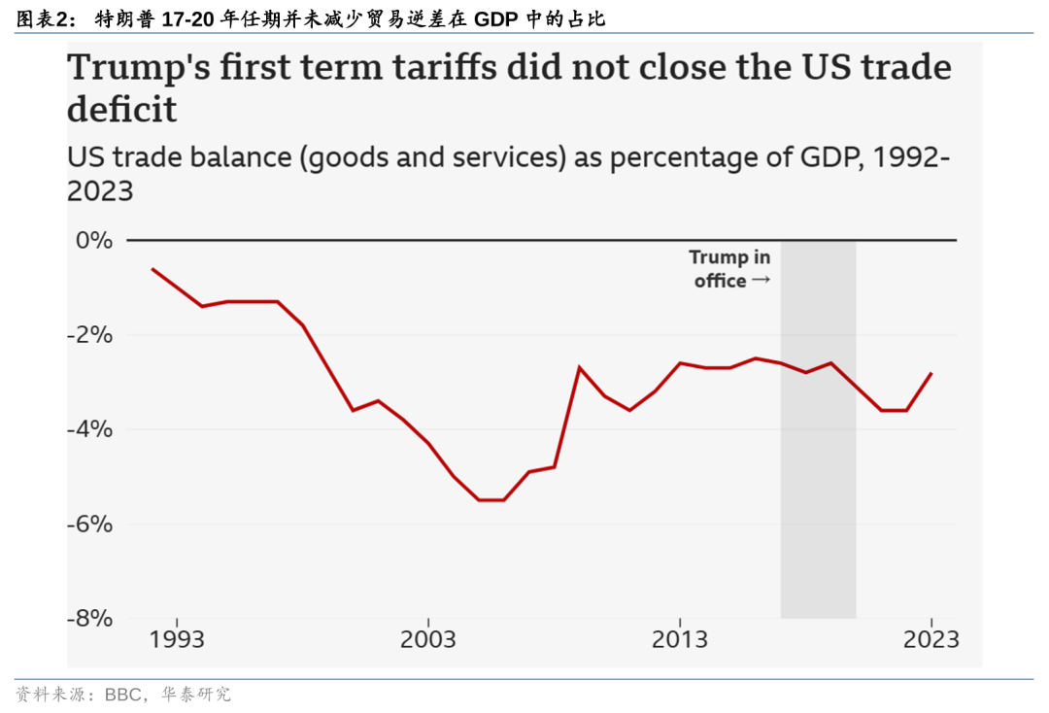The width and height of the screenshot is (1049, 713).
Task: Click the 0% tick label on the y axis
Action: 94,240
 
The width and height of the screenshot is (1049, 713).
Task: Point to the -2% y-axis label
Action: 90,335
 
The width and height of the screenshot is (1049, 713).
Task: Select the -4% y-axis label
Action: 90,429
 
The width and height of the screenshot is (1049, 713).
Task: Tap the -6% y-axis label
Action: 90,524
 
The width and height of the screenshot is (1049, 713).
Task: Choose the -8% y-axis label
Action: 90,618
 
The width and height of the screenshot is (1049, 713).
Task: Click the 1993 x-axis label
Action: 177,640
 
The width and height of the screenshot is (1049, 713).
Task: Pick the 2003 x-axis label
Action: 428,640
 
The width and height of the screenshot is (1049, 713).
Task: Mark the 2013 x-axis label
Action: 680,640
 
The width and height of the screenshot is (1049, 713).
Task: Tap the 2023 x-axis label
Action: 931,640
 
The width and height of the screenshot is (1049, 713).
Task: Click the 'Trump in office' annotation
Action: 730,269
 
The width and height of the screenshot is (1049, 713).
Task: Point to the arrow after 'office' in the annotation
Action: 761,281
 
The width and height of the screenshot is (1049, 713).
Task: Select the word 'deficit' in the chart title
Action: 121,110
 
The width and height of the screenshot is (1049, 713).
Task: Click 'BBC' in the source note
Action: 123,695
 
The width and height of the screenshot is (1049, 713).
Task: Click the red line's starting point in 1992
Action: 152,269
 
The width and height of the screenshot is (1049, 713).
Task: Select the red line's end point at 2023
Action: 931,373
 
